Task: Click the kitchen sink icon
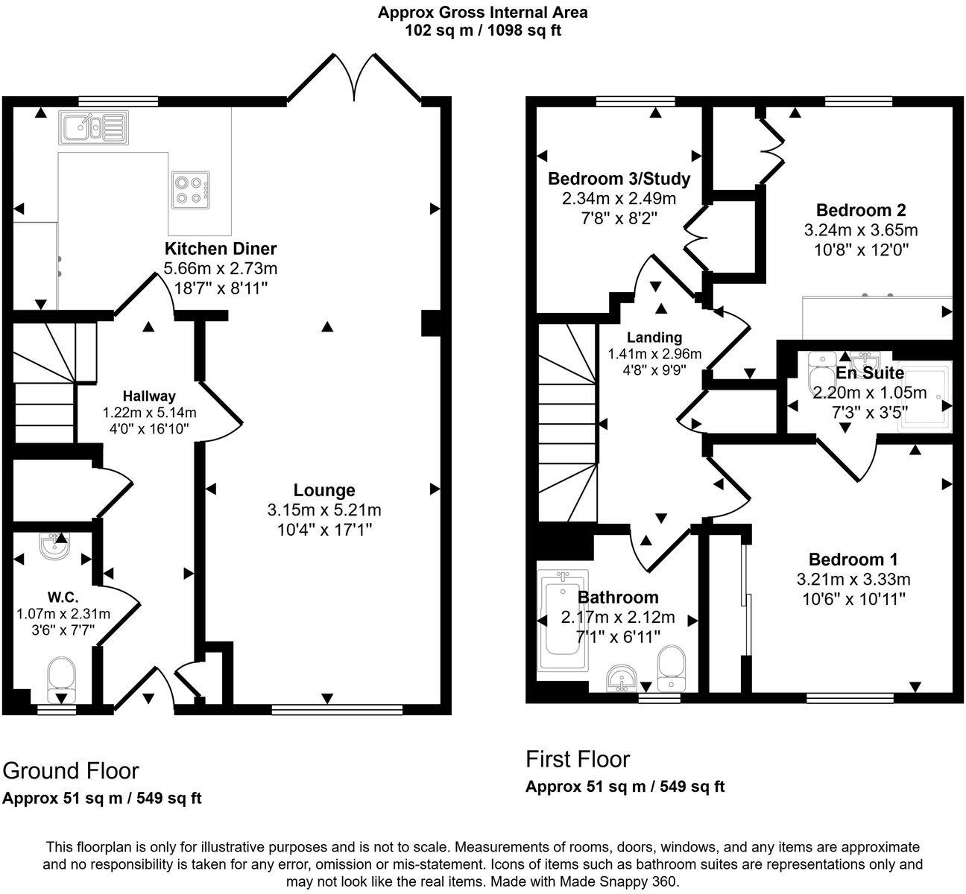point(93,127)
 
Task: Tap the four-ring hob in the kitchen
point(191,188)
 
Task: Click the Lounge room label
point(324,490)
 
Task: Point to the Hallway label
point(149,396)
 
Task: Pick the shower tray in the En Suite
point(924,395)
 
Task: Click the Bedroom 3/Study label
point(619,179)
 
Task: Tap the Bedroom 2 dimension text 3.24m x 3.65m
point(861,229)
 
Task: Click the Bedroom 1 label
point(853,559)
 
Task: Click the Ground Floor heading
point(71,770)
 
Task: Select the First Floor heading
point(578,759)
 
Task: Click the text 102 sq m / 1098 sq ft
point(483,31)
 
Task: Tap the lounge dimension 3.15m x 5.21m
point(324,510)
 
